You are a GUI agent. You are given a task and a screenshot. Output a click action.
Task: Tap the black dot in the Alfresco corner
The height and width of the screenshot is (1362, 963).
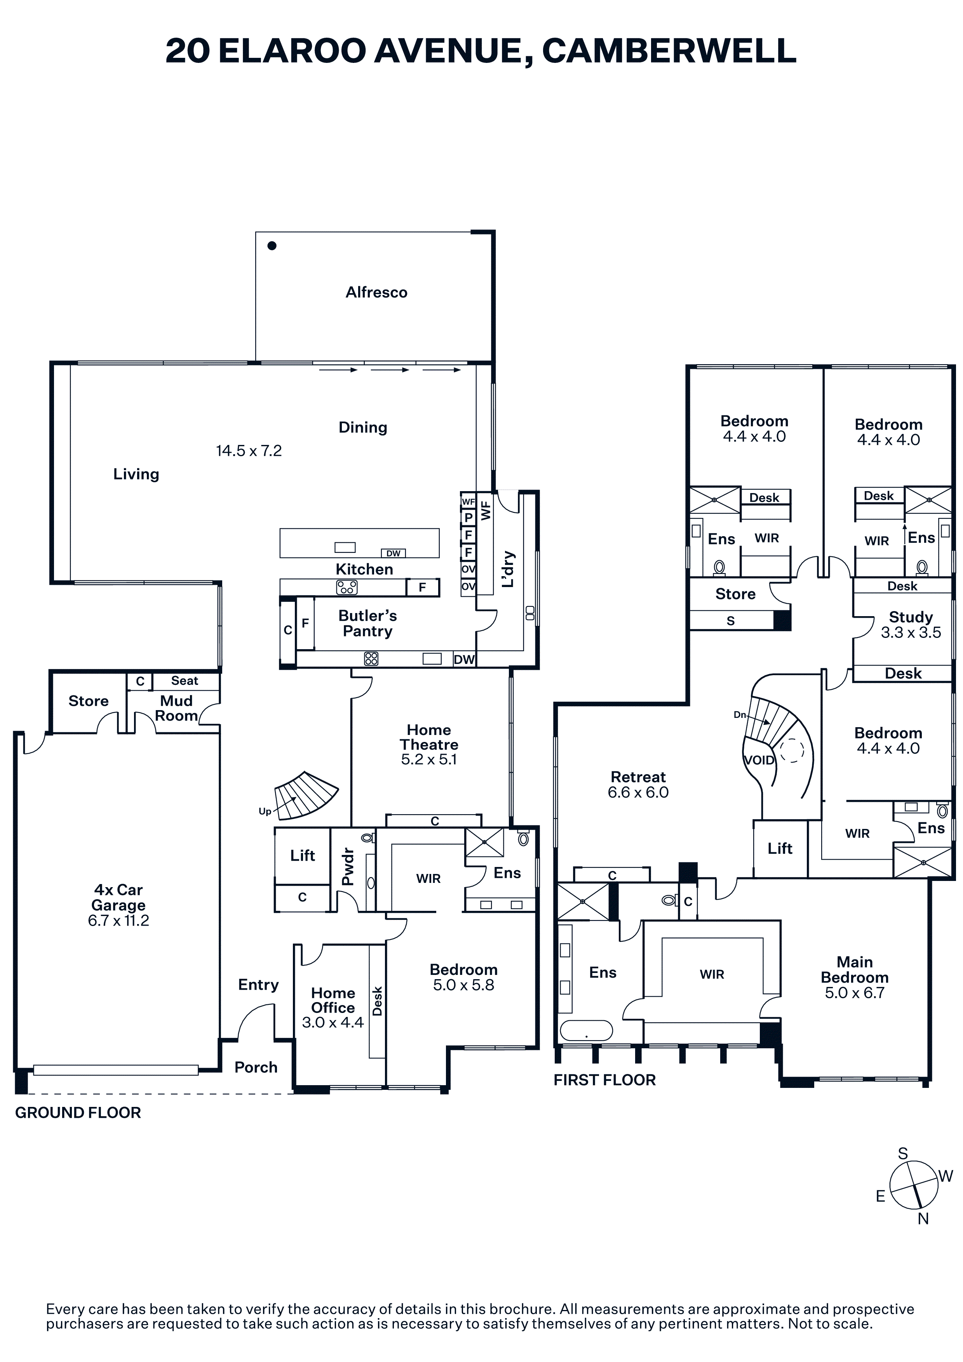click(x=272, y=246)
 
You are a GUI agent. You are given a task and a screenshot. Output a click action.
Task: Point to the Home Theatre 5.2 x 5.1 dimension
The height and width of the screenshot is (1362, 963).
click(x=429, y=759)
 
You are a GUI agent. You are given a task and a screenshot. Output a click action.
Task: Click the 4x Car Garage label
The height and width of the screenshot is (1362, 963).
click(x=118, y=898)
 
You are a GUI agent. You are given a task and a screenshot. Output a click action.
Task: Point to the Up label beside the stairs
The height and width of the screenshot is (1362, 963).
click(x=265, y=811)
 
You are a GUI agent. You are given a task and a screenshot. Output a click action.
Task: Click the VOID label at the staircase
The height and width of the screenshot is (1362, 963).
click(x=759, y=761)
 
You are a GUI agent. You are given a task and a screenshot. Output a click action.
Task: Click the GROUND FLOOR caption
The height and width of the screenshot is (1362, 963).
click(x=78, y=1113)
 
